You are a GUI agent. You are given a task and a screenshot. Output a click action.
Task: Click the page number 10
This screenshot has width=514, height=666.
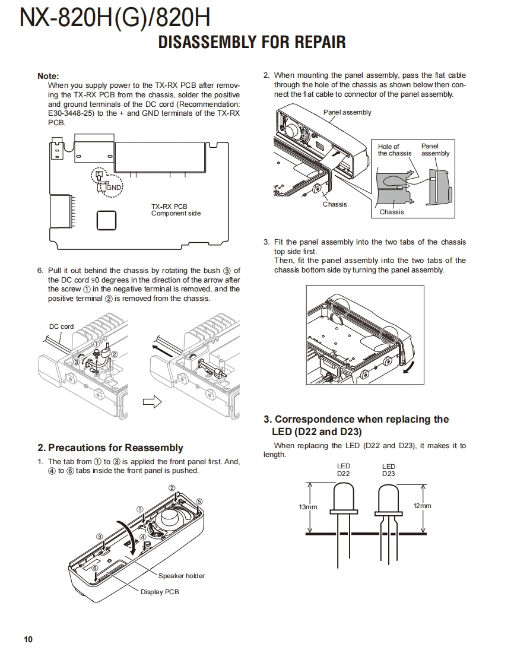tap(28, 639)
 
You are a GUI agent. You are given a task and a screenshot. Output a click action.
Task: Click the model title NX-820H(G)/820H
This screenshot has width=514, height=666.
tap(115, 18)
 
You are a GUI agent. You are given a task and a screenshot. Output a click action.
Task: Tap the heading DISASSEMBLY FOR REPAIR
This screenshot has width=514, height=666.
tap(252, 43)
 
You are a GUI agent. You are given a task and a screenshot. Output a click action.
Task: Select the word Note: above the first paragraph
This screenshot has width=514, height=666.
tap(48, 76)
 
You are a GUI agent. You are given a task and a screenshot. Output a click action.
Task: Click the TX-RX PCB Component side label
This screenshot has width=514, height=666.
tap(176, 210)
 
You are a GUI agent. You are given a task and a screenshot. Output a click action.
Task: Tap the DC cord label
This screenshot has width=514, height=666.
tap(61, 326)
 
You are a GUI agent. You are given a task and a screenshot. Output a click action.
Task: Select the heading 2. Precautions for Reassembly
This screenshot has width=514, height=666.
tap(110, 448)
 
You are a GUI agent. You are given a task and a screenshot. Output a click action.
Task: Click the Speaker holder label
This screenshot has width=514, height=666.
tap(181, 576)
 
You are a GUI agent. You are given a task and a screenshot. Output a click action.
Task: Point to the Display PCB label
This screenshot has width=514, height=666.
tap(159, 592)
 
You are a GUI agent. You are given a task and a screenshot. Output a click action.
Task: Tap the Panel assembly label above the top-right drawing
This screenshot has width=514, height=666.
tap(347, 112)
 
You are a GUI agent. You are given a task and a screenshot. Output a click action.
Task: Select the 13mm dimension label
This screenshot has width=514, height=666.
tap(308, 507)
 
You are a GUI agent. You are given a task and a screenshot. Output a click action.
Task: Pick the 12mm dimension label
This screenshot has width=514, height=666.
tap(422, 506)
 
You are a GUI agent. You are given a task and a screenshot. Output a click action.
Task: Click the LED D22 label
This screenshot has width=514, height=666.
tap(344, 470)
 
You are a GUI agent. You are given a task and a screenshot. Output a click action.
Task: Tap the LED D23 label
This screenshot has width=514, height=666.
tap(389, 470)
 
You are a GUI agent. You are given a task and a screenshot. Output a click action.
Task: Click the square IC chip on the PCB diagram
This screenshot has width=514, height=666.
tap(106, 220)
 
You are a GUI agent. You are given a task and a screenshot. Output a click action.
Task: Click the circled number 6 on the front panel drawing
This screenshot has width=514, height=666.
tap(95, 568)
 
